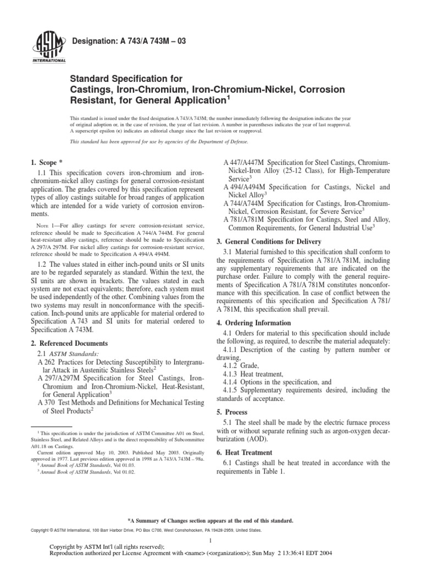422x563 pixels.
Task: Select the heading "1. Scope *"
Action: coord(44,163)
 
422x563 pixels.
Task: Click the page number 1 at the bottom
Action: coord(211,540)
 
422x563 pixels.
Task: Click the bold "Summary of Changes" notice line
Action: coord(210,520)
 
